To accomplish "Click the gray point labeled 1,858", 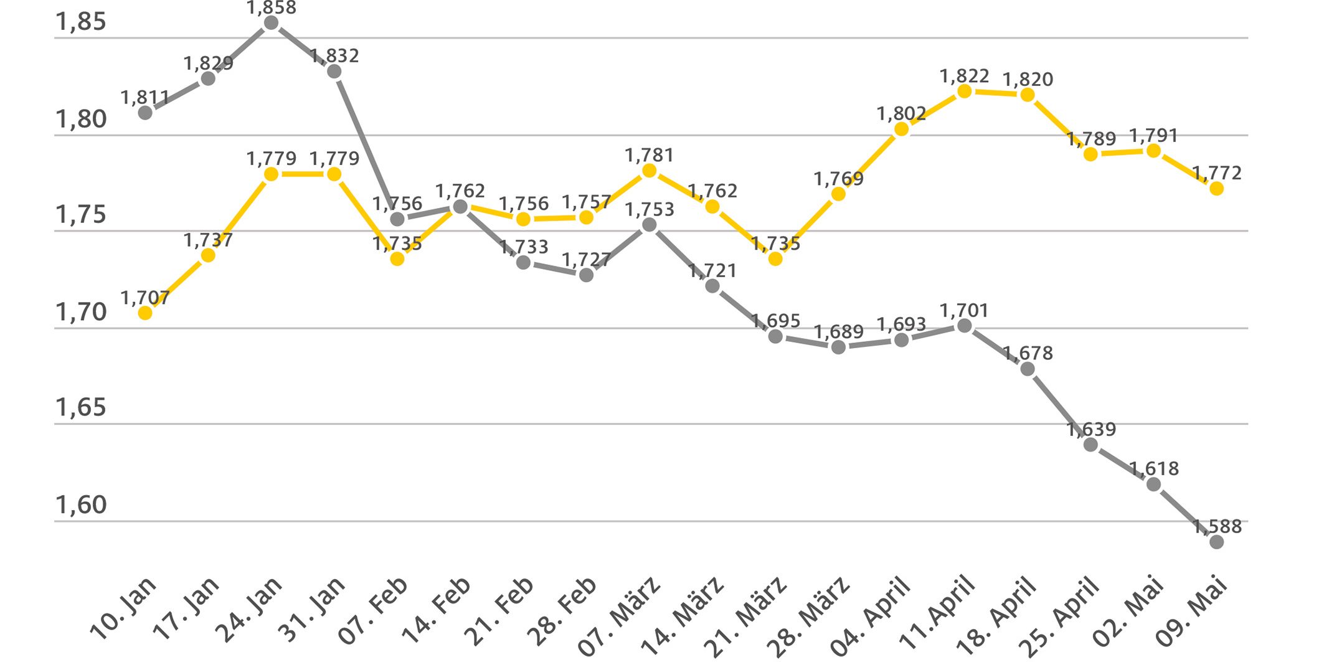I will [271, 23].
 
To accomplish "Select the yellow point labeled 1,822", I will [964, 92].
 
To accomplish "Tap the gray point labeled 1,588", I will [1216, 542].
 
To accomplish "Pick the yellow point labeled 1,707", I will [145, 313].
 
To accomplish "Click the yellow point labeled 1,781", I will [649, 171].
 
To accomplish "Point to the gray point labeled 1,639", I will [1090, 445].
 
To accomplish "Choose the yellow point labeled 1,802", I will [901, 129].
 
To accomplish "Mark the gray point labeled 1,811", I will [145, 113].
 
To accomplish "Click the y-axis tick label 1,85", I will [81, 22].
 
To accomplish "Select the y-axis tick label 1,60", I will [81, 505].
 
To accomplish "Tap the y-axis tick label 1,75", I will [81, 215].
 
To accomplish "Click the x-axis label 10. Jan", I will [124, 608].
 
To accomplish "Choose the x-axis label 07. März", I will [620, 615].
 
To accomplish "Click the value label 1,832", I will [334, 56].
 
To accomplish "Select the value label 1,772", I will [1216, 173].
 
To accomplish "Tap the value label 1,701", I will [964, 310].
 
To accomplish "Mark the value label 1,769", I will [838, 179].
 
